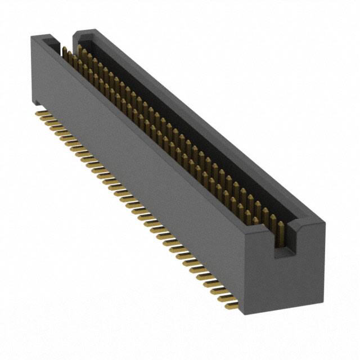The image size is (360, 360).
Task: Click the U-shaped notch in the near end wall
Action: (283, 239)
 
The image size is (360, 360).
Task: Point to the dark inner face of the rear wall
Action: (186, 129)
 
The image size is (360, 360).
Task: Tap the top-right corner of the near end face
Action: (324, 222)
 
